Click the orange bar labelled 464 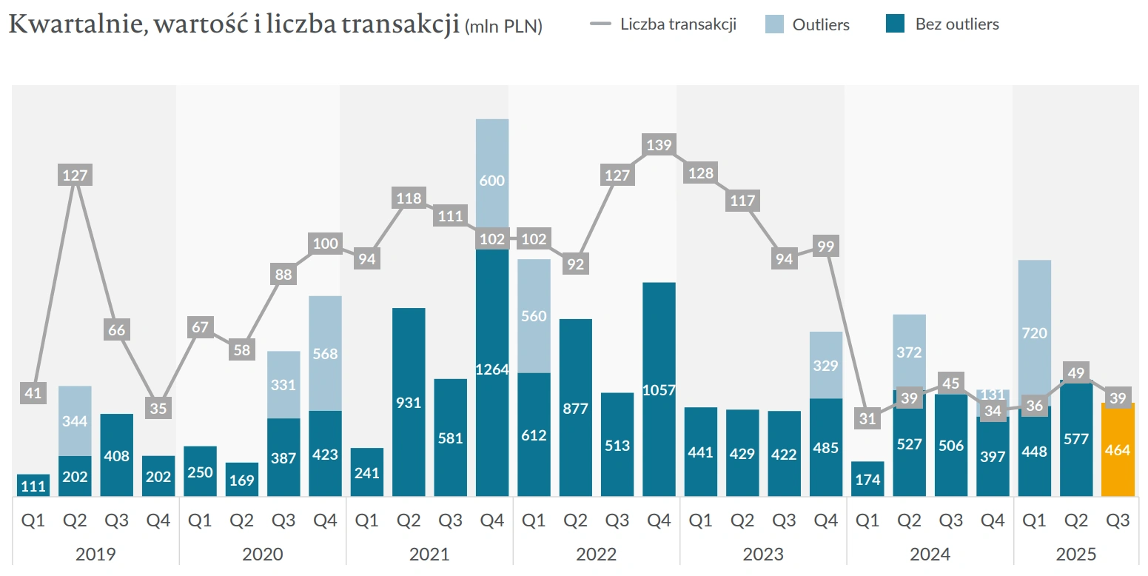[1117, 449]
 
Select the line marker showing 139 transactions [659, 145]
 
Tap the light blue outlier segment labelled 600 [492, 180]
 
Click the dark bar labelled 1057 [659, 389]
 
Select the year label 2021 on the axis [429, 554]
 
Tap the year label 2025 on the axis [1077, 554]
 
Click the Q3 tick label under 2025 [1117, 520]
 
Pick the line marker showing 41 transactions [33, 393]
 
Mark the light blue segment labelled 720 [1034, 333]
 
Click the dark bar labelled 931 [409, 402]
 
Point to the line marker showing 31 [867, 419]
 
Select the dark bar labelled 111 [33, 486]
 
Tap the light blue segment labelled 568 [325, 353]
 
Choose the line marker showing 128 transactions [700, 174]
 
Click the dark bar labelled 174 [867, 479]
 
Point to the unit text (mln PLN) [504, 28]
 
